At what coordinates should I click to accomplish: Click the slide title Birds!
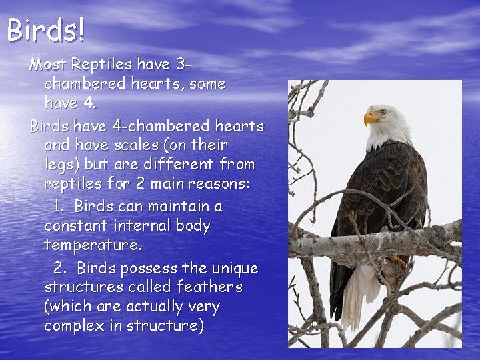click(x=46, y=30)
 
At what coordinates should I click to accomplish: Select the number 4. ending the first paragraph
click(x=88, y=103)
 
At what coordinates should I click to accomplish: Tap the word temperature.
click(x=93, y=245)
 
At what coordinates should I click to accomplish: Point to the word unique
click(x=235, y=268)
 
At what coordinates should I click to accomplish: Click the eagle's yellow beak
click(x=369, y=118)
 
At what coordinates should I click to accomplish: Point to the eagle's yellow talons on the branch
click(x=398, y=261)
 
